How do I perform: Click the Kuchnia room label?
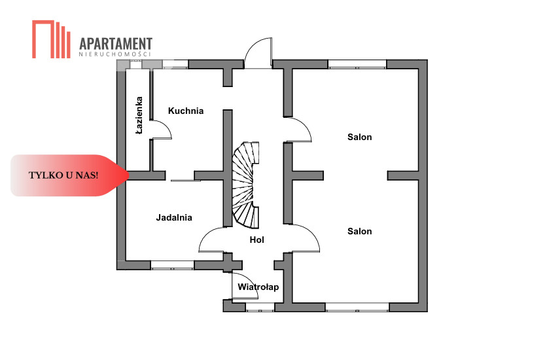pos(186,111)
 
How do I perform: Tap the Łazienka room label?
pos(139,116)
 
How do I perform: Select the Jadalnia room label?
pos(174,217)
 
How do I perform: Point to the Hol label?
pos(257,240)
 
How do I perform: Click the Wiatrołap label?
pos(258,287)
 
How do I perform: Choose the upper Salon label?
pos(360,137)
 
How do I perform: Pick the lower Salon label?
pos(360,231)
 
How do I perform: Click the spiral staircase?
pos(246,184)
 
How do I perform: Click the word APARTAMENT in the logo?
pos(116,43)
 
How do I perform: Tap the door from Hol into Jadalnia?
pos(212,240)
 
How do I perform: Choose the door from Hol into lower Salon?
pos(304,238)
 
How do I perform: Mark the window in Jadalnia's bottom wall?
pos(173,265)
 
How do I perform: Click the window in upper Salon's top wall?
pos(357,64)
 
